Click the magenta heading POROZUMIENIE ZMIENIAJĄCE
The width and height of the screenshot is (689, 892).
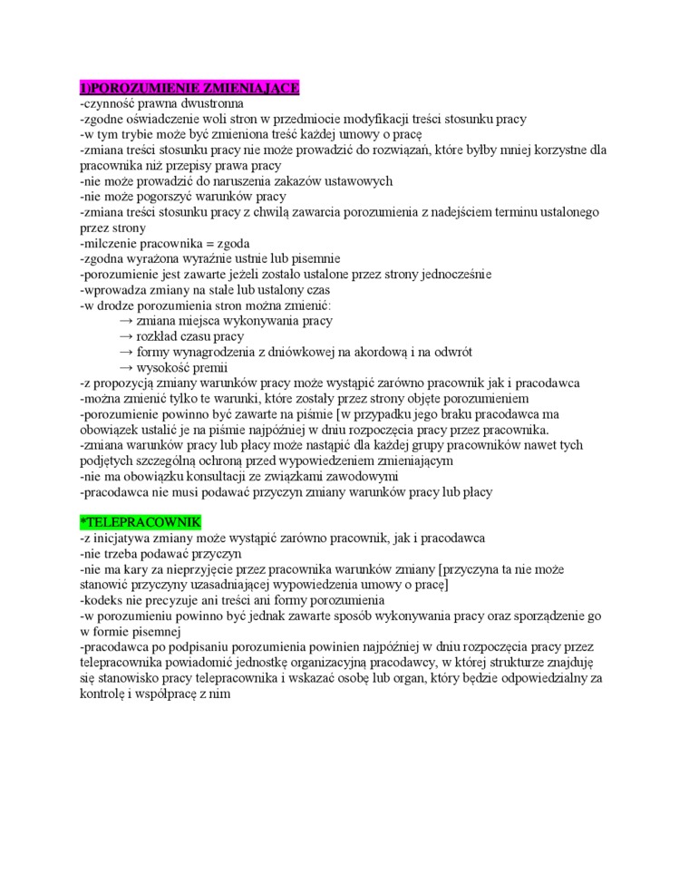tap(189, 88)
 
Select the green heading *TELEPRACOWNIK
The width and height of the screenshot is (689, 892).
tap(141, 524)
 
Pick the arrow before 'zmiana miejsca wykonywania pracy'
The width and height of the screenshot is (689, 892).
tap(125, 321)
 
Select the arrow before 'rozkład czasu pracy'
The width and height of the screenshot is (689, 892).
tap(125, 336)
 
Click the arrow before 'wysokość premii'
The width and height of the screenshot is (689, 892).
tap(125, 367)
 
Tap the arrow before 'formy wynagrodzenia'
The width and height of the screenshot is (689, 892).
tap(125, 352)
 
